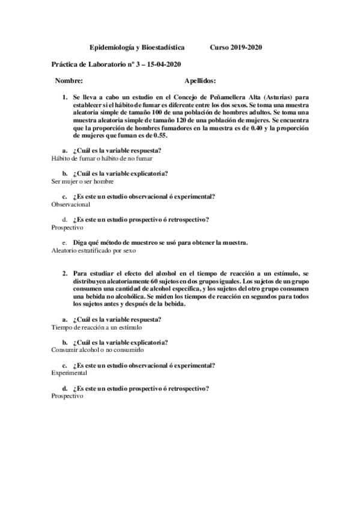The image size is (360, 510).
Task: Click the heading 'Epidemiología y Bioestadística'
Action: click(x=137, y=47)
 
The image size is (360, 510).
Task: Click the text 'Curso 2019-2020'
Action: click(x=236, y=47)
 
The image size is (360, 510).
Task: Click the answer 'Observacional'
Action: click(x=72, y=204)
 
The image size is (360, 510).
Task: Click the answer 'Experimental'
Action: click(x=70, y=373)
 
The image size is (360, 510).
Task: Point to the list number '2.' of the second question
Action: click(x=66, y=273)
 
